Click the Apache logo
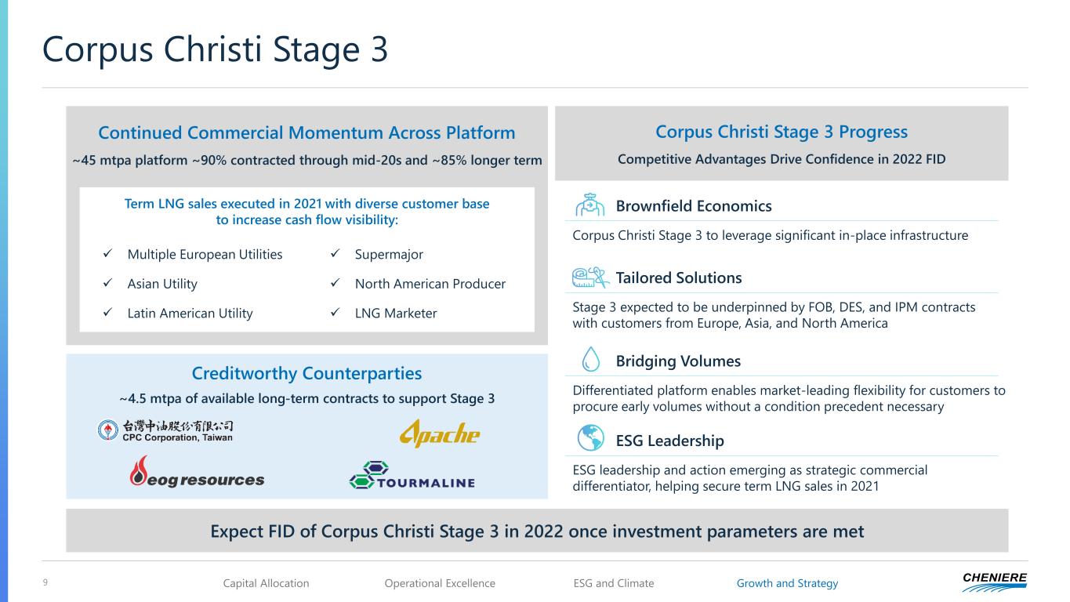click(x=440, y=433)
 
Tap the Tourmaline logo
click(x=412, y=475)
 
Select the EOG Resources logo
click(x=196, y=472)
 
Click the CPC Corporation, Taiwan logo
click(x=165, y=430)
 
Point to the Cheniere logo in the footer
click(x=995, y=582)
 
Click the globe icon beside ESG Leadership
click(x=590, y=437)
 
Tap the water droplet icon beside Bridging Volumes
click(x=591, y=359)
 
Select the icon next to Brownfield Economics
click(x=590, y=205)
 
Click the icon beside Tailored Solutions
click(x=590, y=277)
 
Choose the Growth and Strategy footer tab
click(x=787, y=583)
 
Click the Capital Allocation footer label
click(x=266, y=583)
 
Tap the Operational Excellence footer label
click(x=440, y=583)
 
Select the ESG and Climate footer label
click(x=614, y=583)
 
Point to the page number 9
click(x=45, y=582)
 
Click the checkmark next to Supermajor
click(x=336, y=253)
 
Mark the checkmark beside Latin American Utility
click(x=108, y=312)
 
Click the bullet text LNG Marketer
click(x=396, y=314)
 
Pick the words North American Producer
click(x=430, y=284)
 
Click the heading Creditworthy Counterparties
click(x=306, y=373)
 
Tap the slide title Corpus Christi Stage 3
click(x=215, y=49)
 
